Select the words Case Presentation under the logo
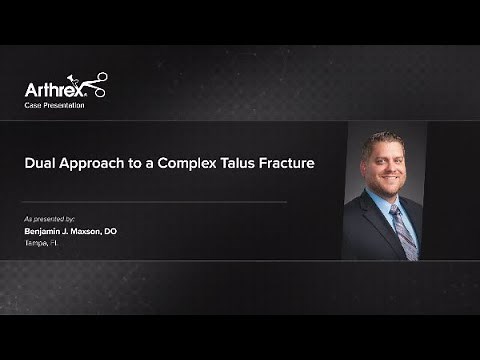coord(55,105)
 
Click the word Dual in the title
coord(43,163)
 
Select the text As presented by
coord(50,218)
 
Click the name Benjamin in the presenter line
coord(48,231)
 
